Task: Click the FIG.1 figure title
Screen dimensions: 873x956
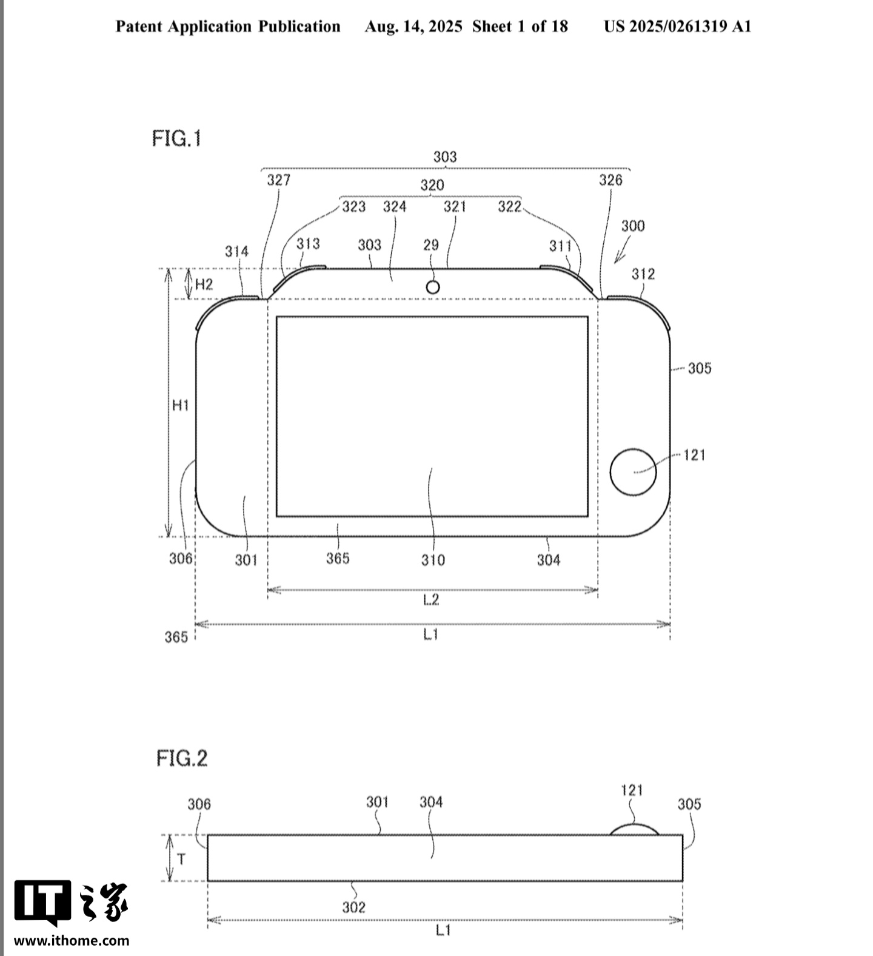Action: [x=176, y=139]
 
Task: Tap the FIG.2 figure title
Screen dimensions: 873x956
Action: [x=181, y=758]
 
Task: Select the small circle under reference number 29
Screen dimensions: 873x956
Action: [x=432, y=287]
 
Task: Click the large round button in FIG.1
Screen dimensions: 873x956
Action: [x=633, y=472]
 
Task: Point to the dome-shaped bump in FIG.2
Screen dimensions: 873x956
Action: [x=634, y=829]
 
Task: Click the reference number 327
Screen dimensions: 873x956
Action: [x=279, y=180]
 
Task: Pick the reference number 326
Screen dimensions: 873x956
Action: [x=610, y=180]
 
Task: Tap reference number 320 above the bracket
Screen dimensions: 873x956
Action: [x=432, y=185]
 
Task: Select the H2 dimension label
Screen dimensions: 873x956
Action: [x=204, y=284]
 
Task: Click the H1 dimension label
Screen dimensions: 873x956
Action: [x=181, y=405]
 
